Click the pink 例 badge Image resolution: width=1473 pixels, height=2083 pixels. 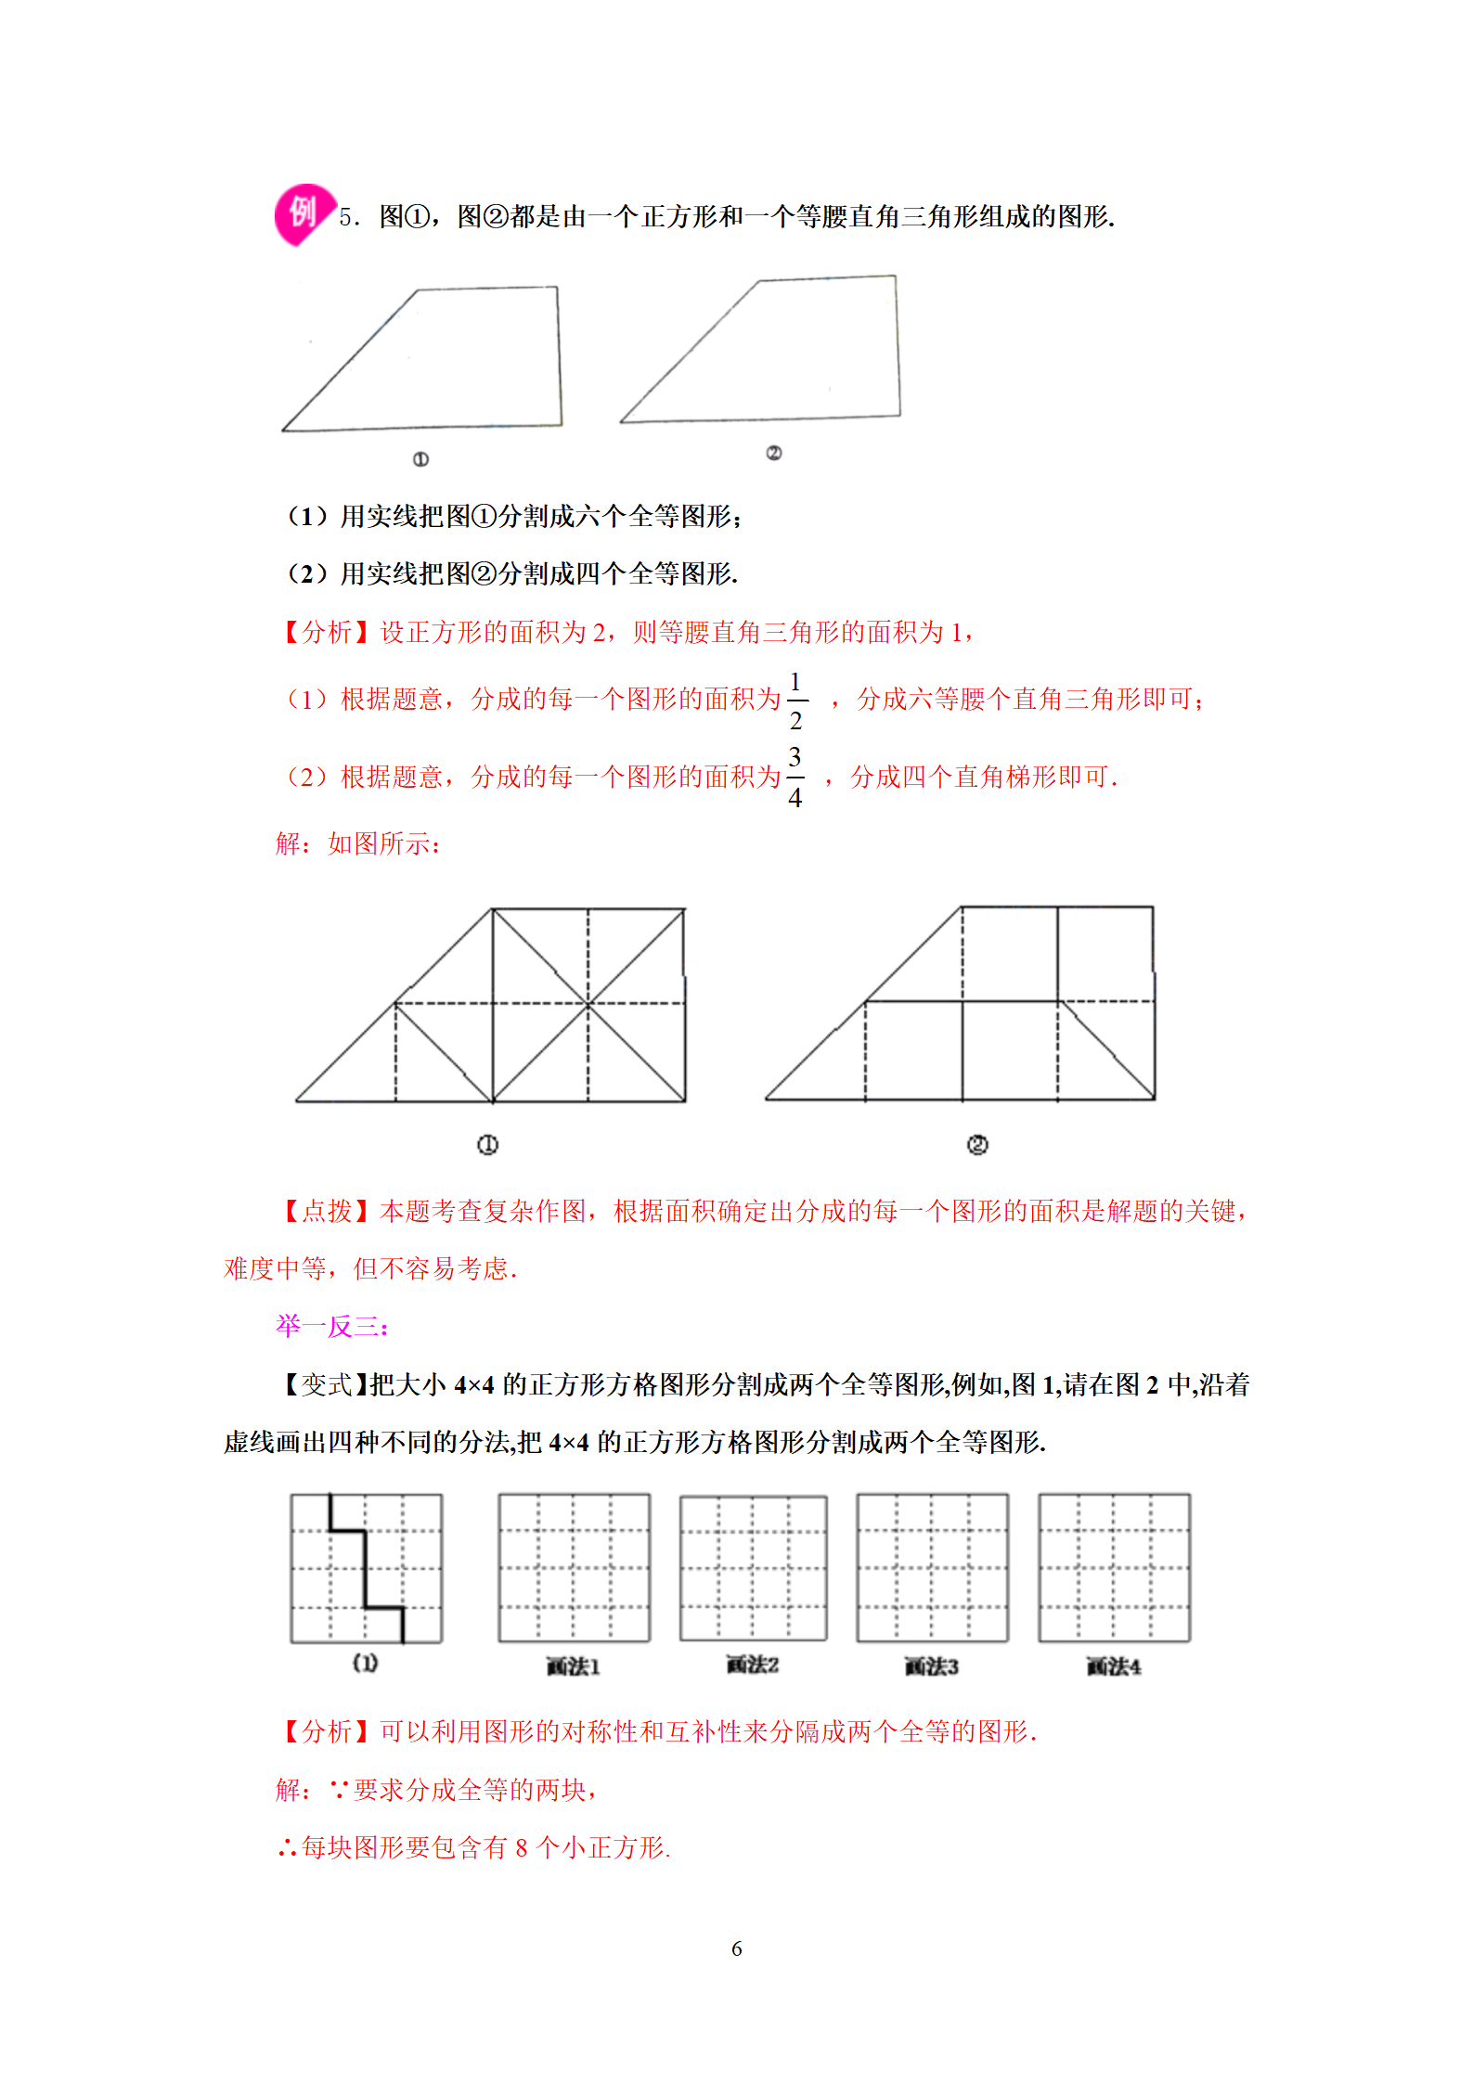coord(302,214)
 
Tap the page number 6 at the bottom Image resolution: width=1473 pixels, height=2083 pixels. coord(736,1948)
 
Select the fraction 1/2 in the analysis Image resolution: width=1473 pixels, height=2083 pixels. coord(795,701)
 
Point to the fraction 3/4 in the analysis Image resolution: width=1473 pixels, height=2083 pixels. coord(795,778)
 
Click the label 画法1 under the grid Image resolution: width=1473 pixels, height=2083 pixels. coord(573,1667)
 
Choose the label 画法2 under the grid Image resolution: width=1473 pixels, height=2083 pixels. coord(752,1665)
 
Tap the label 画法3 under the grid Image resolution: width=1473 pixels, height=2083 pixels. coord(931,1667)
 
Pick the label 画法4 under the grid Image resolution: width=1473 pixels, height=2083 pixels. coord(1114,1667)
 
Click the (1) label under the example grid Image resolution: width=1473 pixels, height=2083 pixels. coord(365,1664)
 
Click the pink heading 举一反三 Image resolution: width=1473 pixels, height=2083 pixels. coord(331,1326)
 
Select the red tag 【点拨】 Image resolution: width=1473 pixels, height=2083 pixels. coord(328,1211)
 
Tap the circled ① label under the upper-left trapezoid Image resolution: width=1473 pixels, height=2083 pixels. coord(420,459)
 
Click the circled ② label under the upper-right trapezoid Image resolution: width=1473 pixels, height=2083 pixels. coord(774,453)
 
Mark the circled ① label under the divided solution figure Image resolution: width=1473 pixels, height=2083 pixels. coord(487,1145)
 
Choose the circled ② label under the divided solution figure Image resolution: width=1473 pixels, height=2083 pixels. coord(977,1145)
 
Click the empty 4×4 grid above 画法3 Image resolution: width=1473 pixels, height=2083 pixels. coord(932,1568)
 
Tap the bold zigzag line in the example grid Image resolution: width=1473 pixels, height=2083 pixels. coord(365,1568)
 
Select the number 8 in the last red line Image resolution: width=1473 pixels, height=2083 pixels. coord(522,1848)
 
